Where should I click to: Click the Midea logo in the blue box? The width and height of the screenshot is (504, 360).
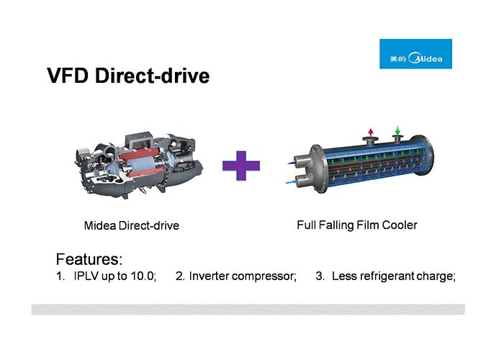click(x=415, y=54)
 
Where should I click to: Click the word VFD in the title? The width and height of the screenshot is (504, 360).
click(x=69, y=76)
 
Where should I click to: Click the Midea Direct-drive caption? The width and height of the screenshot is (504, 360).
click(x=132, y=225)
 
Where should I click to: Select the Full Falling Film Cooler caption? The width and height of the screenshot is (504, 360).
click(x=356, y=225)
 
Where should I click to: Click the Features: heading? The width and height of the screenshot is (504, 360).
click(x=89, y=259)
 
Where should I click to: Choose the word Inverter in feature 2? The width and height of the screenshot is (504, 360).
click(x=209, y=277)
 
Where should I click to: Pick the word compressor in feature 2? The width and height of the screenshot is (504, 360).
click(x=264, y=277)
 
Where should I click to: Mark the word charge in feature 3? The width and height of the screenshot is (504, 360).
click(x=438, y=277)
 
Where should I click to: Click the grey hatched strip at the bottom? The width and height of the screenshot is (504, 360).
click(x=248, y=309)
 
